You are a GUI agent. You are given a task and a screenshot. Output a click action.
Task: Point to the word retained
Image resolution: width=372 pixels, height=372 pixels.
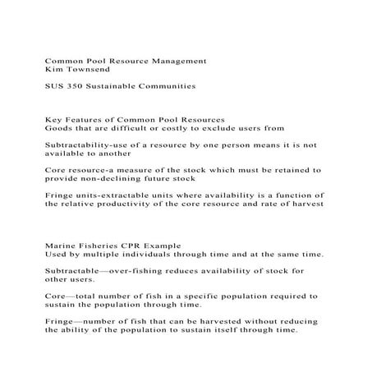pyautogui.click(x=291, y=169)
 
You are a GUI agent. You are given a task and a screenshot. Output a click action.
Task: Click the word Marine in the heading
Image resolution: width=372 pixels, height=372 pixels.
pyautogui.click(x=62, y=246)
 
